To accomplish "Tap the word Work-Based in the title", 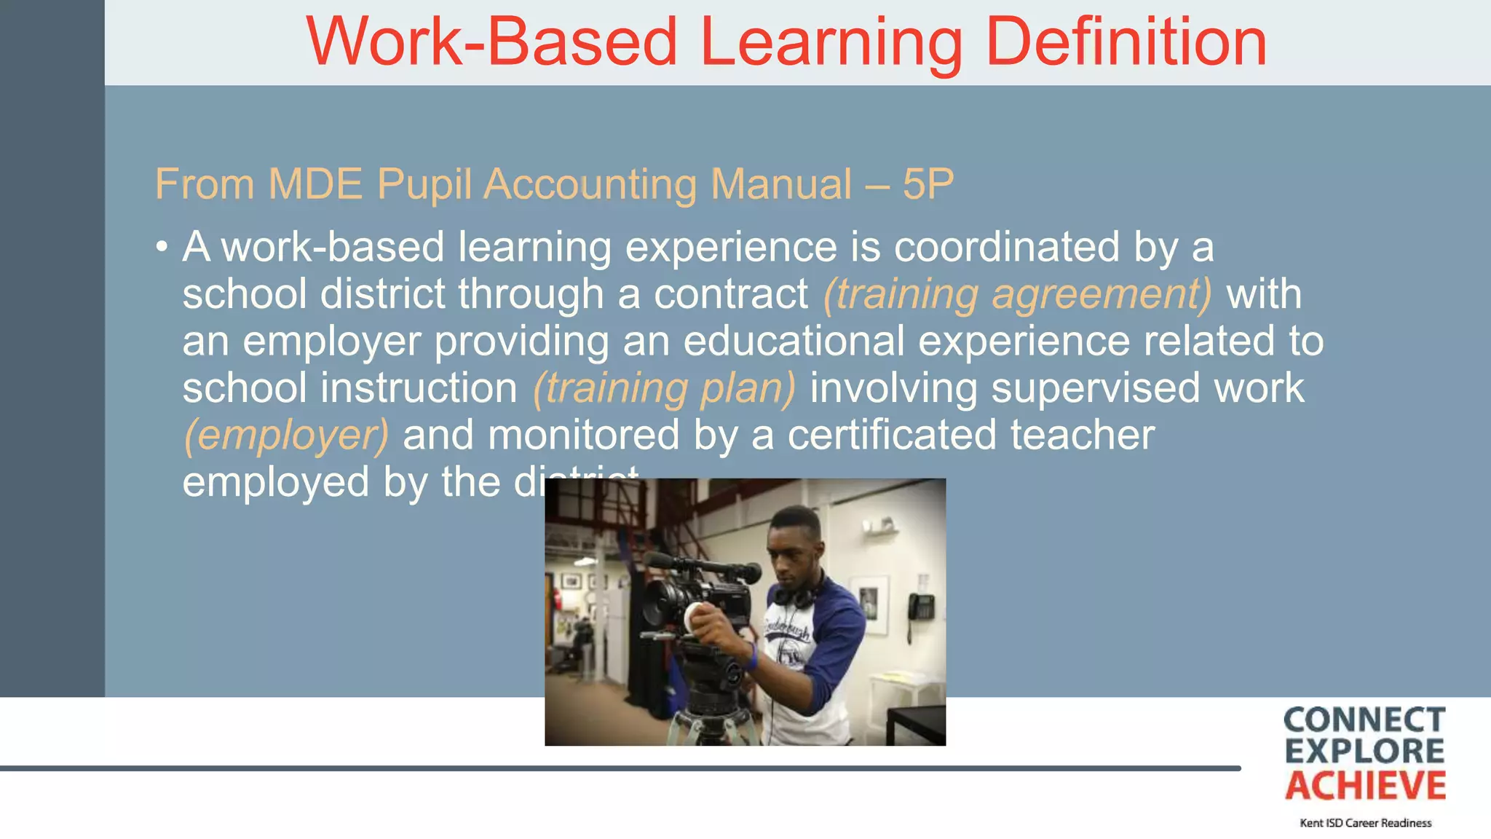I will [491, 42].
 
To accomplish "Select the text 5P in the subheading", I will [928, 184].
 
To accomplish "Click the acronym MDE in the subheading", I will [315, 184].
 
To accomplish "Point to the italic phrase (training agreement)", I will [1017, 294].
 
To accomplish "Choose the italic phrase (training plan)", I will [664, 388].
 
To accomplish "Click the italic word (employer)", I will [286, 436].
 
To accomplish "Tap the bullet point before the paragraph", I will [162, 248].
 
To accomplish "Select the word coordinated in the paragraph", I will [1006, 247].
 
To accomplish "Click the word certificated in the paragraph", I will [892, 436].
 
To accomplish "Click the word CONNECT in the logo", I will [1364, 720].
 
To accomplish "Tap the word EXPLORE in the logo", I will [1364, 752].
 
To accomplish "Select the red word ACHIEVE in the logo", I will [1365, 786].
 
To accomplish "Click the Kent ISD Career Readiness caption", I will [1365, 823].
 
